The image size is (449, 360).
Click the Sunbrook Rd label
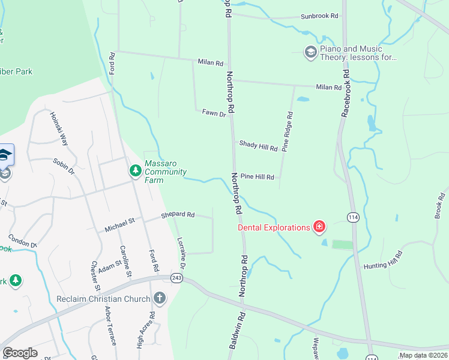pyautogui.click(x=319, y=16)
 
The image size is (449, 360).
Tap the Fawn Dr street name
pyautogui.click(x=214, y=113)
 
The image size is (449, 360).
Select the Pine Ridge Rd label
pyautogui.click(x=289, y=132)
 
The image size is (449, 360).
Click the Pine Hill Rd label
pyautogui.click(x=257, y=177)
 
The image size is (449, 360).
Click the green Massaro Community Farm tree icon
pyautogui.click(x=136, y=171)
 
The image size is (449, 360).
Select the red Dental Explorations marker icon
pyautogui.click(x=319, y=227)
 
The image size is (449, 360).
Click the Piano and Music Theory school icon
pyautogui.click(x=310, y=53)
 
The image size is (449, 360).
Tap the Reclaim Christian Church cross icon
pyautogui.click(x=159, y=298)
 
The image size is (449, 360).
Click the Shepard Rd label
pyautogui.click(x=178, y=214)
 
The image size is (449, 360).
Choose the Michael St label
pyautogui.click(x=120, y=225)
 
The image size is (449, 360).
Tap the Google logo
pyautogui.click(x=20, y=353)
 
